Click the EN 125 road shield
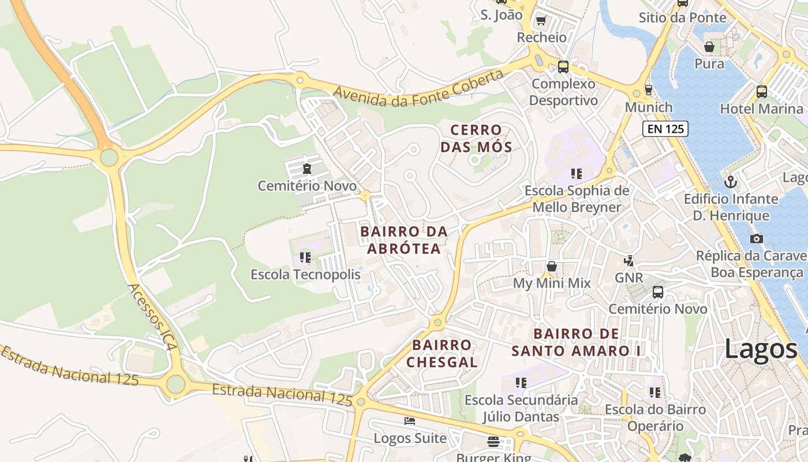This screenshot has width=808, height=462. coord(665,129)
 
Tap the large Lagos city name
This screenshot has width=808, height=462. coord(760,349)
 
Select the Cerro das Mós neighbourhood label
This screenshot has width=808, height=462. coord(476,139)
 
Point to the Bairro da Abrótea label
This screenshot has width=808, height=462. coord(403,240)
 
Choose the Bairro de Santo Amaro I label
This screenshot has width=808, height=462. coord(576,342)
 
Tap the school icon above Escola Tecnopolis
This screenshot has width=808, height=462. coord(305,257)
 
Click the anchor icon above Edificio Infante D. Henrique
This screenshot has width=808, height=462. coord(731,182)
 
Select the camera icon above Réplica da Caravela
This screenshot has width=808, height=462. coord(756,239)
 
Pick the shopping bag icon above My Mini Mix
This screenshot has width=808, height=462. coord(552,266)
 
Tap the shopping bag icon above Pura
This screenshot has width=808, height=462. coord(709,46)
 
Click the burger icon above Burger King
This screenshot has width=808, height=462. coord(493,442)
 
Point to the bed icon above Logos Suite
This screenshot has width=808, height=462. coord(410,420)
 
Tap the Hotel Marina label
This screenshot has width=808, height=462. coord(761,109)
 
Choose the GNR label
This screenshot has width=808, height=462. coord(629,278)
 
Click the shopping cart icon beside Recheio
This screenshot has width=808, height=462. coord(541,21)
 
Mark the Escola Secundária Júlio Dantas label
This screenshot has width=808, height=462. coord(521,408)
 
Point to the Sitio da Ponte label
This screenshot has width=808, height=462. coord(682,17)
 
